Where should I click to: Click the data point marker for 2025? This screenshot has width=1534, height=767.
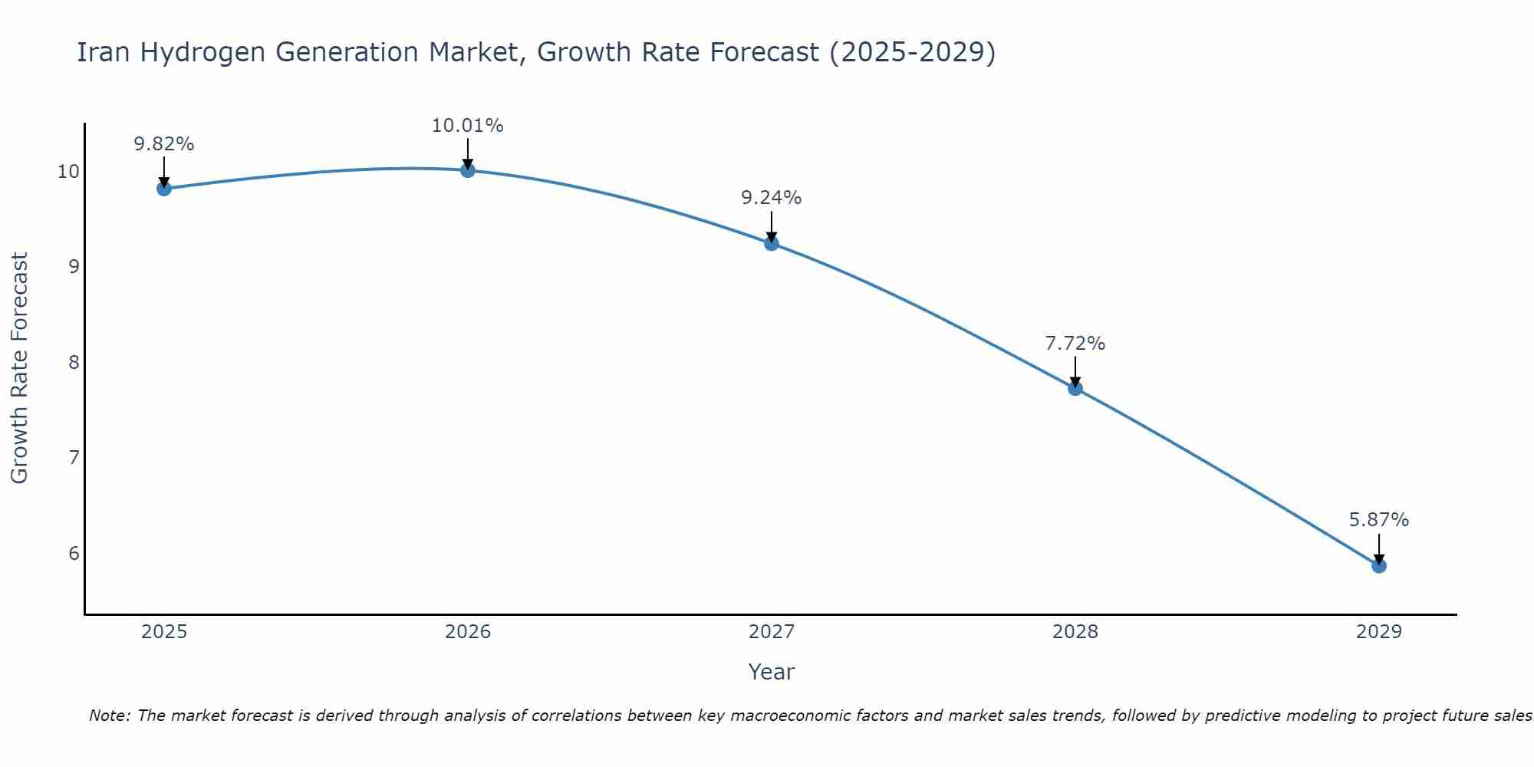[163, 189]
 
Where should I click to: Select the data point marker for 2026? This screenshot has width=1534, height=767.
[468, 170]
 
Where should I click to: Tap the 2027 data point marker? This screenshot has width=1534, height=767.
[772, 244]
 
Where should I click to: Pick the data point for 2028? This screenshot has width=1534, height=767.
[1075, 389]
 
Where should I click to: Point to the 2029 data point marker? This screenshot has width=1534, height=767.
[1379, 566]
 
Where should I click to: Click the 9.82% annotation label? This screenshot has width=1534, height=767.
[163, 144]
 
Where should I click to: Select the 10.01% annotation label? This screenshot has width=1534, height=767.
[467, 126]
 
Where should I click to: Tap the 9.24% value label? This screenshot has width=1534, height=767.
[771, 198]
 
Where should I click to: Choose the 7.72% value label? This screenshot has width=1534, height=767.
[1075, 344]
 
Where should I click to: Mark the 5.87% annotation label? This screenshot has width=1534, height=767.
[1378, 520]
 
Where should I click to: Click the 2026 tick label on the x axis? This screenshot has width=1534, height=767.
[468, 632]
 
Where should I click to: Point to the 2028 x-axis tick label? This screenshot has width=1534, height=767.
[1075, 632]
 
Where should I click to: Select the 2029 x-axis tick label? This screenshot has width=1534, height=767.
[1379, 632]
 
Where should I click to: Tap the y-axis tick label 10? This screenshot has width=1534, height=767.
[68, 171]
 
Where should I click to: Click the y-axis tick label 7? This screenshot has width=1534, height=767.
[74, 458]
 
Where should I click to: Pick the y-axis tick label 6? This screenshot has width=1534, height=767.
[74, 554]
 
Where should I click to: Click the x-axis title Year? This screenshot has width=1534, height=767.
[771, 672]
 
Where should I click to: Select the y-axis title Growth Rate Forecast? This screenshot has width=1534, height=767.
[20, 368]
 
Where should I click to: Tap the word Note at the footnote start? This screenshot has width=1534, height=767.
[110, 716]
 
